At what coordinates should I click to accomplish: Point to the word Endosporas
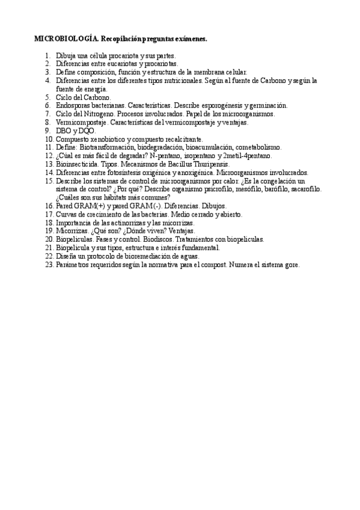click(74, 105)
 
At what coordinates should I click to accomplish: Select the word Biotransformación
click(107, 147)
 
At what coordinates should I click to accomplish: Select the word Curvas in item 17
click(67, 214)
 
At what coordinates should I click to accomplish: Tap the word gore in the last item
click(291, 264)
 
